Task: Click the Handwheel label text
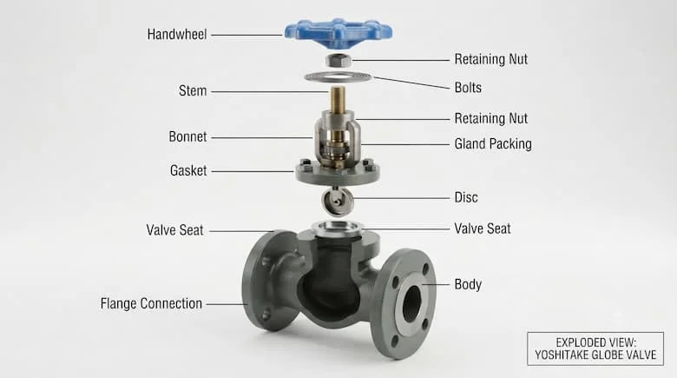point(177,34)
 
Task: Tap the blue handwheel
point(338,32)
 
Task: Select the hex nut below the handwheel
point(338,60)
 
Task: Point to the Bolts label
point(468,88)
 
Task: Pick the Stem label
point(193,91)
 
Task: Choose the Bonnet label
point(187,136)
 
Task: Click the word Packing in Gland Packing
point(509,144)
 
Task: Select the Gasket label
point(188,170)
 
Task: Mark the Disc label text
point(466,197)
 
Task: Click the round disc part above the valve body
point(338,201)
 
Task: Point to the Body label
point(468,284)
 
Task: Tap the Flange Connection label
point(151,303)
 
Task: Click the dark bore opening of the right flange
point(411,303)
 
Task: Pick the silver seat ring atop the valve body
point(338,229)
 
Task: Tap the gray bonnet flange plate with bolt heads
point(338,173)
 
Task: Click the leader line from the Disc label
point(401,198)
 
